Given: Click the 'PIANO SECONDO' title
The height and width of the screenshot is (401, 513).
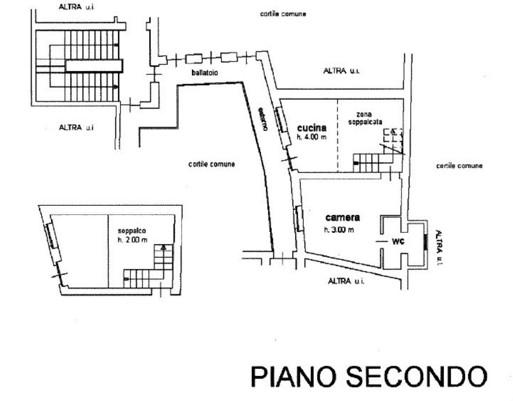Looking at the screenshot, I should tap(368, 376).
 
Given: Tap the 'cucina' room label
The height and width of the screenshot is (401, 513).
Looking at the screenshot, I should tap(311, 128).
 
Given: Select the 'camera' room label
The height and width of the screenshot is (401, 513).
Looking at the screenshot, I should tap(342, 218).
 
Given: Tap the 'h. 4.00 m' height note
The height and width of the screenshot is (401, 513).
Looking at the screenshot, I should tap(311, 137).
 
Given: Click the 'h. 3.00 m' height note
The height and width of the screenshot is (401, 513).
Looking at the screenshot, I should tap(339, 230).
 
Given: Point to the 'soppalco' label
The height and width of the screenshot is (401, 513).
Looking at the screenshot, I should tap(131, 231).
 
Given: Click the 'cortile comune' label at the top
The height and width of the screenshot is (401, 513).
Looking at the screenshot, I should tap(283, 14).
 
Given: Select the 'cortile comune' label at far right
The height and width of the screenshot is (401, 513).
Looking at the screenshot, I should tap(459, 166).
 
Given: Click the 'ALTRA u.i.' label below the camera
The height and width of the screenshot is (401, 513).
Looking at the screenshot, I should tap(346, 281).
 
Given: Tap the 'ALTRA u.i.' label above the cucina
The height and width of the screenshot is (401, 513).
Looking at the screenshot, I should tap(341, 71).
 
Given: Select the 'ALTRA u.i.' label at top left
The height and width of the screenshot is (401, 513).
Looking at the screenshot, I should tap(76, 7).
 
